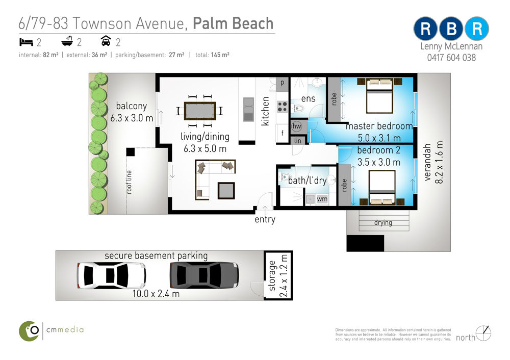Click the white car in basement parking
(x=111, y=275)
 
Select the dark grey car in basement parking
(x=205, y=275)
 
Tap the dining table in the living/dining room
(x=200, y=111)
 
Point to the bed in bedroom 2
(x=382, y=187)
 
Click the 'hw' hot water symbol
(x=297, y=126)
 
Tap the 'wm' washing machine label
(x=322, y=199)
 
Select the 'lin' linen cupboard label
(x=298, y=141)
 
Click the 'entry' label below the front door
(x=265, y=219)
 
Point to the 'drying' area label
(x=383, y=222)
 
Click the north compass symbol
(x=483, y=333)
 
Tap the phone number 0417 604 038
(x=451, y=58)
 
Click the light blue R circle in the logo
(x=476, y=29)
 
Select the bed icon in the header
(x=26, y=42)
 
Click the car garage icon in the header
(x=106, y=41)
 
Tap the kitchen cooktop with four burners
(x=282, y=107)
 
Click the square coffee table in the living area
(x=226, y=191)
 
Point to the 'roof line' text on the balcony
(x=129, y=182)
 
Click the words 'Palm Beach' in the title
(x=233, y=24)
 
